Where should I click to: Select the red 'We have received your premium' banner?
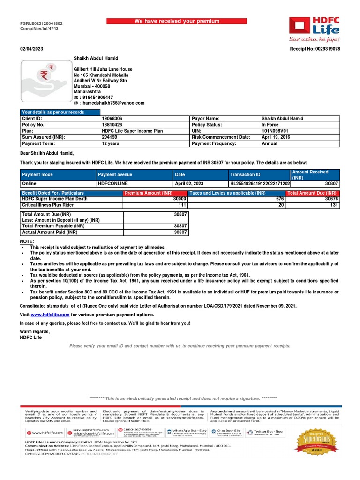pyautogui.click(x=177, y=21)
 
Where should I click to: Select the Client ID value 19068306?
pyautogui.click(x=112, y=119)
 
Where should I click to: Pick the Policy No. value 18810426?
pyautogui.click(x=112, y=125)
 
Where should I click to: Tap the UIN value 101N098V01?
pyautogui.click(x=275, y=131)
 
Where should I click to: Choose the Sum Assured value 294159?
pyautogui.click(x=111, y=137)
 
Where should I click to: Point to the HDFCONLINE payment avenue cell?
pyautogui.click(x=112, y=184)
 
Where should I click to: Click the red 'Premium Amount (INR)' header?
pyautogui.click(x=148, y=193)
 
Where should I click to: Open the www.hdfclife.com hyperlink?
pyautogui.click(x=50, y=315)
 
